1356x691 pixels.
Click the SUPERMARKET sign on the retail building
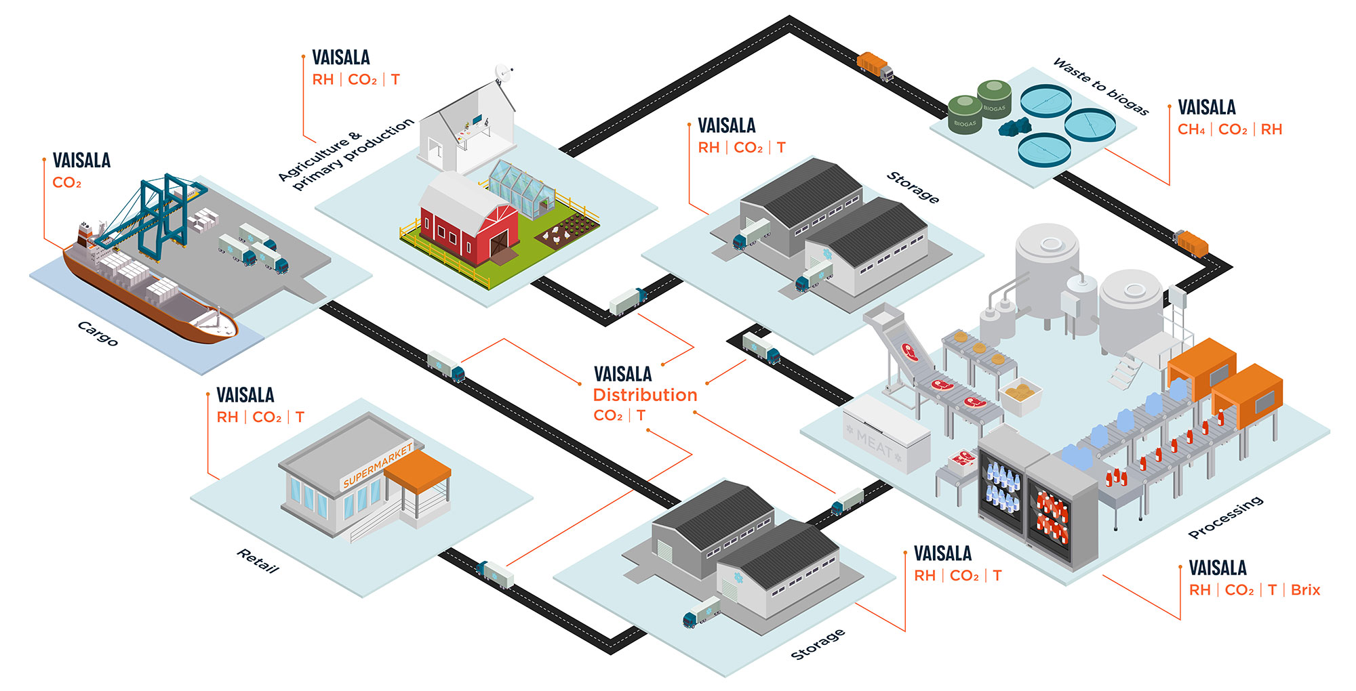pos(378,465)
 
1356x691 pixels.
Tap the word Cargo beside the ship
pos(98,333)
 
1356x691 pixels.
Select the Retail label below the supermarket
pos(258,561)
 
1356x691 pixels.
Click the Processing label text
pos(1226,518)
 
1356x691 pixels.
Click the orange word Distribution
pos(645,395)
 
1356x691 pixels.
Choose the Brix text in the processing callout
pos(1305,590)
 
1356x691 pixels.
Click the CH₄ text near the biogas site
pos(1191,129)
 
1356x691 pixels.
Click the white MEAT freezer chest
pos(887,434)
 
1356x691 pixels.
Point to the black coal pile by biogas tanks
pos(1015,126)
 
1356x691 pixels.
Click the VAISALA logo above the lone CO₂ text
pos(81,161)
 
